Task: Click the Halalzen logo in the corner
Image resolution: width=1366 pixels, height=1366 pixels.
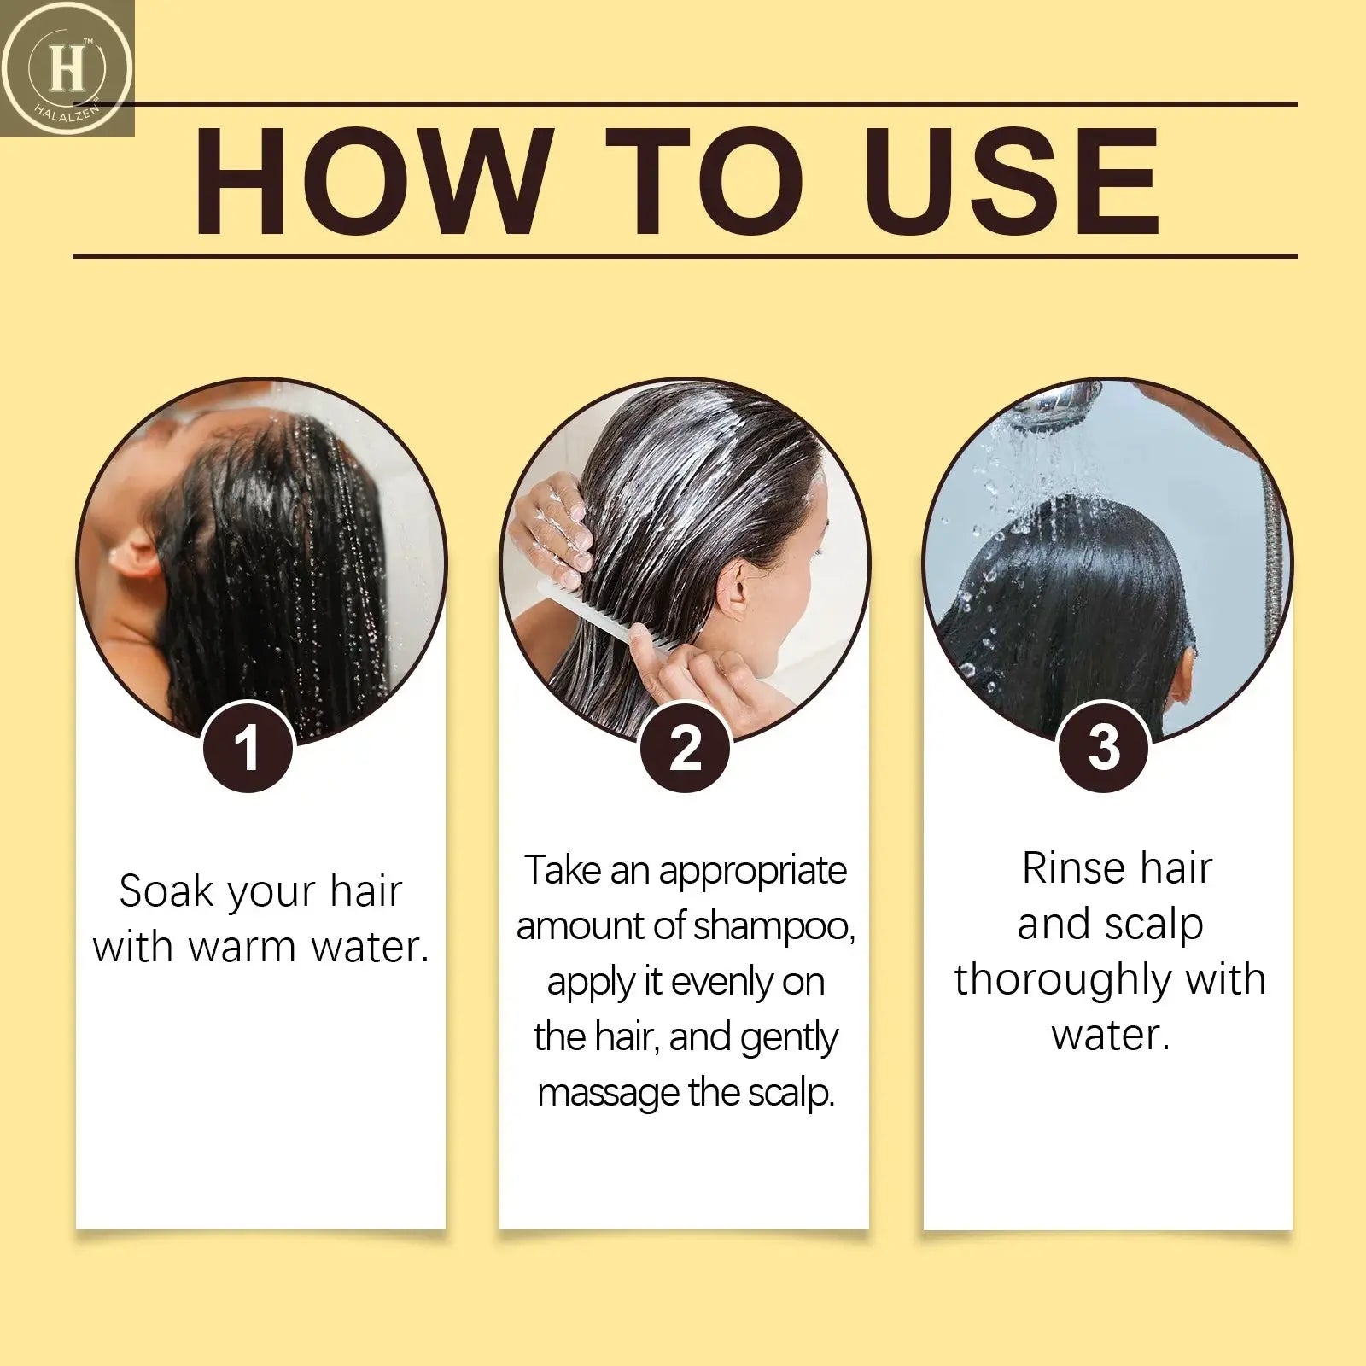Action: tap(67, 68)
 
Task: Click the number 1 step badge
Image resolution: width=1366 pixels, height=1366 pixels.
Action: tap(248, 748)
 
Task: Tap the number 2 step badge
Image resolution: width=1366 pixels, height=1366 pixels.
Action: tap(685, 748)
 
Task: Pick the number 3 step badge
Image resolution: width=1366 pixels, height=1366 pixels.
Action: tap(1104, 748)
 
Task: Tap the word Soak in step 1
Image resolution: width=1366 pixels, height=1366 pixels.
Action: tap(164, 891)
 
